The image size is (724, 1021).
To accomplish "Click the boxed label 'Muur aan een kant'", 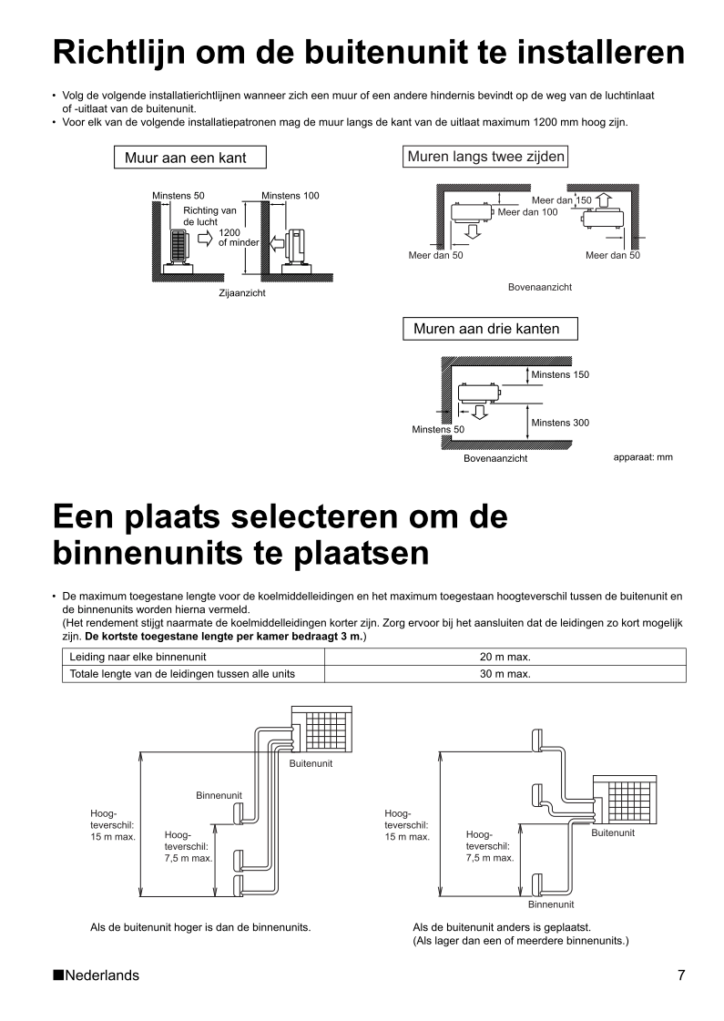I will (x=192, y=158).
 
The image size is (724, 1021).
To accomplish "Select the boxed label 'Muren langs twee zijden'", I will (x=486, y=157).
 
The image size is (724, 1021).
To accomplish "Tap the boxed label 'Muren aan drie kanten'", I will (x=486, y=328).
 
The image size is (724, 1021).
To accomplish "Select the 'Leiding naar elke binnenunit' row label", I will (x=138, y=657).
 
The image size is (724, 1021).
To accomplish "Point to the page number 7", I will (x=680, y=975).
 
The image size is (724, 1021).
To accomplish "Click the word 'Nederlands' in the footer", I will (x=102, y=975).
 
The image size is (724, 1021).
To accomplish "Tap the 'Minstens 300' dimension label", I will (x=560, y=423).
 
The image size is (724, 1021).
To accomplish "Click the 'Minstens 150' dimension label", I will (x=560, y=374).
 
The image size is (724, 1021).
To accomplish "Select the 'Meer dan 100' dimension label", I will (x=527, y=212).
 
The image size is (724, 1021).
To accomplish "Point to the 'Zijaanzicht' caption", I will (x=242, y=293).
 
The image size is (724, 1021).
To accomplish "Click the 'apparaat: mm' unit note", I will (x=643, y=457).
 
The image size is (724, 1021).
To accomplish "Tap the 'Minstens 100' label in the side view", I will (x=291, y=196).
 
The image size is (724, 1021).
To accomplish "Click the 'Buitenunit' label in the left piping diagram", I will (x=311, y=763).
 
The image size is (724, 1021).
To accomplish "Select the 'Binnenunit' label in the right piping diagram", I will (x=551, y=904).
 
